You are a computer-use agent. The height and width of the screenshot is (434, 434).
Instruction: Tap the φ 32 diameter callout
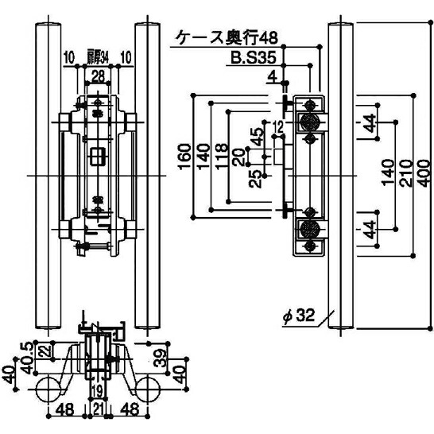click(299, 316)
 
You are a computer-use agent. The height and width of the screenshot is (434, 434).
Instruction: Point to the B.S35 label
click(254, 58)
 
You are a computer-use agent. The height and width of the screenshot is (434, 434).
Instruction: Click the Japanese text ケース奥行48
click(227, 37)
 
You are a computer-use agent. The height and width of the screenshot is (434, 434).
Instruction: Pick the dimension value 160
click(184, 157)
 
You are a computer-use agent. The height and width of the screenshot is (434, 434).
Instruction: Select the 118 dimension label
click(222, 157)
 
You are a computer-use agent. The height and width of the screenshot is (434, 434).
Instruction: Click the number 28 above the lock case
click(98, 76)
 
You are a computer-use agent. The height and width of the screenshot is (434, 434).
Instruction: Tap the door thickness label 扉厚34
click(98, 57)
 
